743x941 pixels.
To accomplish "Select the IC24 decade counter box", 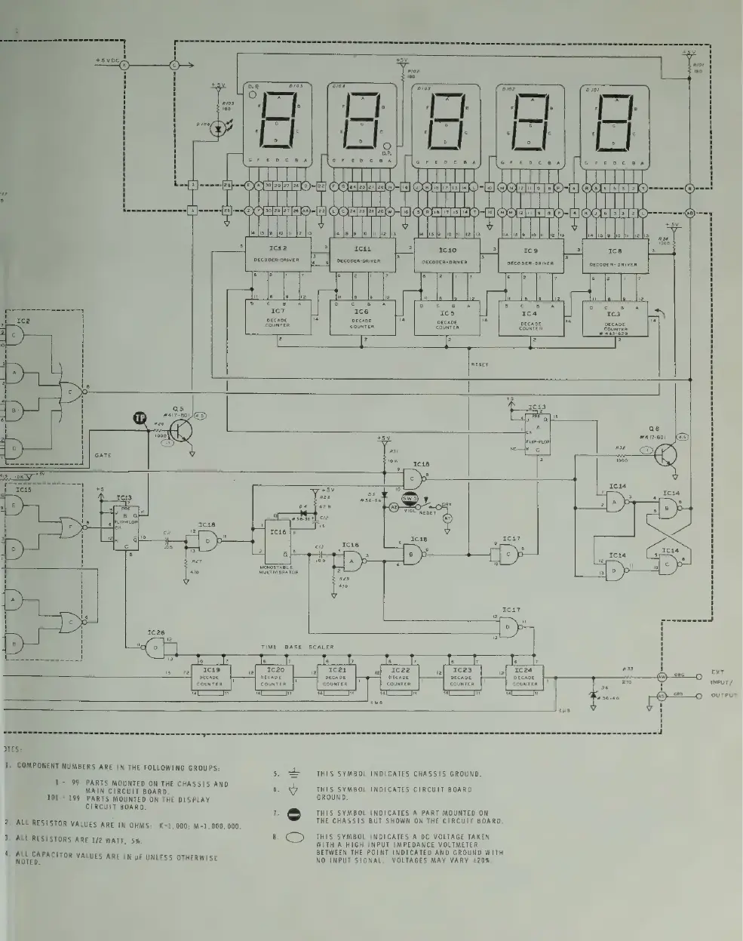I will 525,675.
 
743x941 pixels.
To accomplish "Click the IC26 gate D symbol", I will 155,647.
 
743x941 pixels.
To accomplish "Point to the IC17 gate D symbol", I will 511,626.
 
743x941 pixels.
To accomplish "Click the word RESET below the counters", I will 479,364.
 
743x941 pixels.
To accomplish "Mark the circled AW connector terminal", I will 662,676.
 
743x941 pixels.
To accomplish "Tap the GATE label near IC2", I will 103,456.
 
